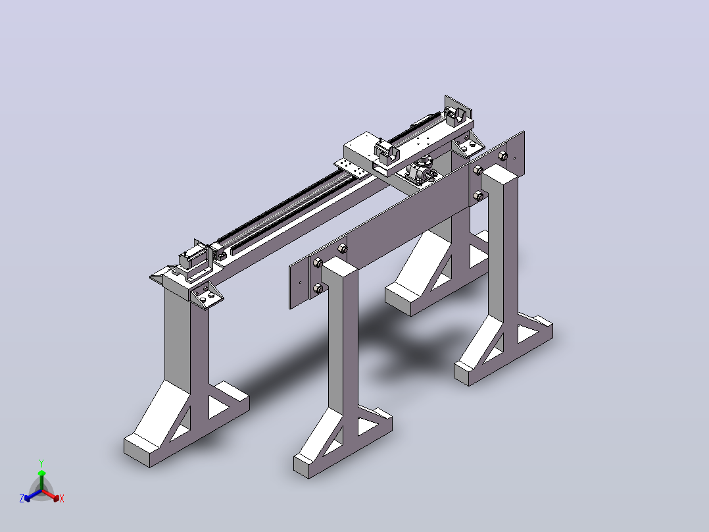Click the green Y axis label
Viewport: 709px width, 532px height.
pos(41,463)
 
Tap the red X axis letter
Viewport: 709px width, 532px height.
pos(62,498)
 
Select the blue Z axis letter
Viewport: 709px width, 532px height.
pos(22,498)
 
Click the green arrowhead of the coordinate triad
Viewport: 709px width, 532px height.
pos(41,473)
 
